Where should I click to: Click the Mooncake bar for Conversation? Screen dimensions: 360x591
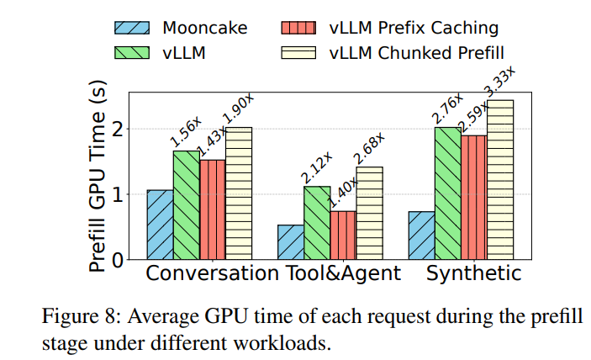160,225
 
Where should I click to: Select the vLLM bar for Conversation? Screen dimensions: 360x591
187,204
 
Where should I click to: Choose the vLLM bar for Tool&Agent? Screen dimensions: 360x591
317,222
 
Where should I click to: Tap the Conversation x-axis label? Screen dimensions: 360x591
211,274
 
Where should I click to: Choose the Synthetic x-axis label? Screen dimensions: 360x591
473,274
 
